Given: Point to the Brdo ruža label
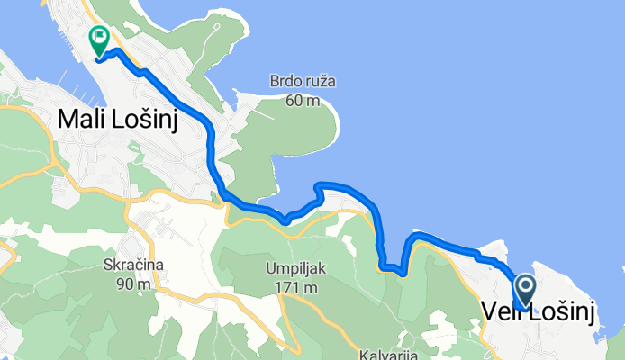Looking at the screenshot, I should (x=303, y=82).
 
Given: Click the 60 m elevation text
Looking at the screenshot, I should (x=303, y=100).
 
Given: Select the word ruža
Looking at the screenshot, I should (x=321, y=82).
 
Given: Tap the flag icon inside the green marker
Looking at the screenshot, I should (x=99, y=39).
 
